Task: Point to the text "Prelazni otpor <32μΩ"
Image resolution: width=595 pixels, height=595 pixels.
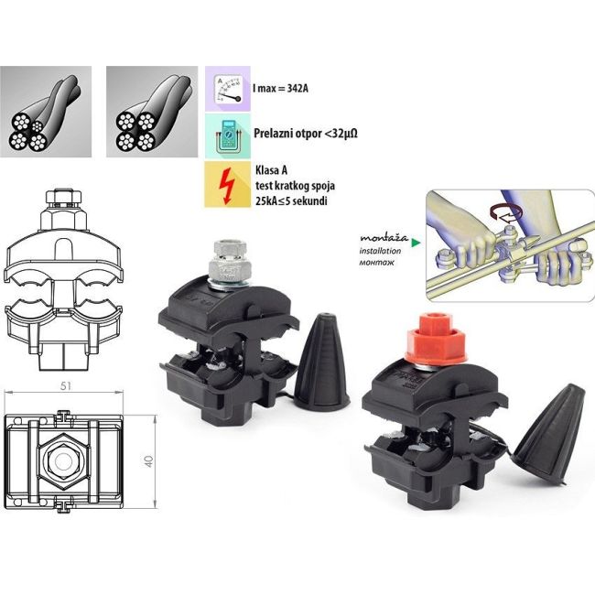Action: tap(305, 134)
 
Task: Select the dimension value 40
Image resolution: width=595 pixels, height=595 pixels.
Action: tap(147, 459)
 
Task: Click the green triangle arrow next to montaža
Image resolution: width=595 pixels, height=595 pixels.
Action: tap(416, 243)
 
